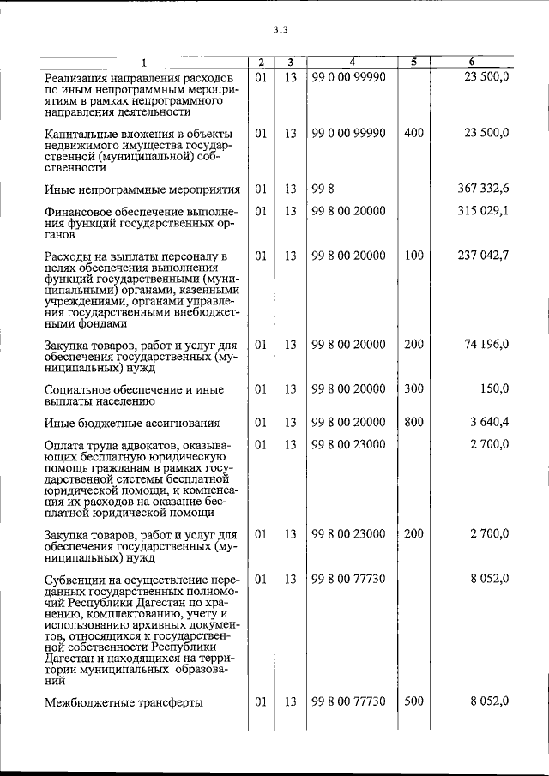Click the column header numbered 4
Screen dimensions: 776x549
click(352, 62)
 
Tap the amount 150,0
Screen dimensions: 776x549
click(494, 388)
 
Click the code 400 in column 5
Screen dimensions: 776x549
click(413, 133)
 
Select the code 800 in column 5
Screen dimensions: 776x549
click(413, 422)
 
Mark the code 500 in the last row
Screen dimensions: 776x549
click(413, 701)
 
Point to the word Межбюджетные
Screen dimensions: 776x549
click(88, 702)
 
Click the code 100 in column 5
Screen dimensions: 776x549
click(413, 256)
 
